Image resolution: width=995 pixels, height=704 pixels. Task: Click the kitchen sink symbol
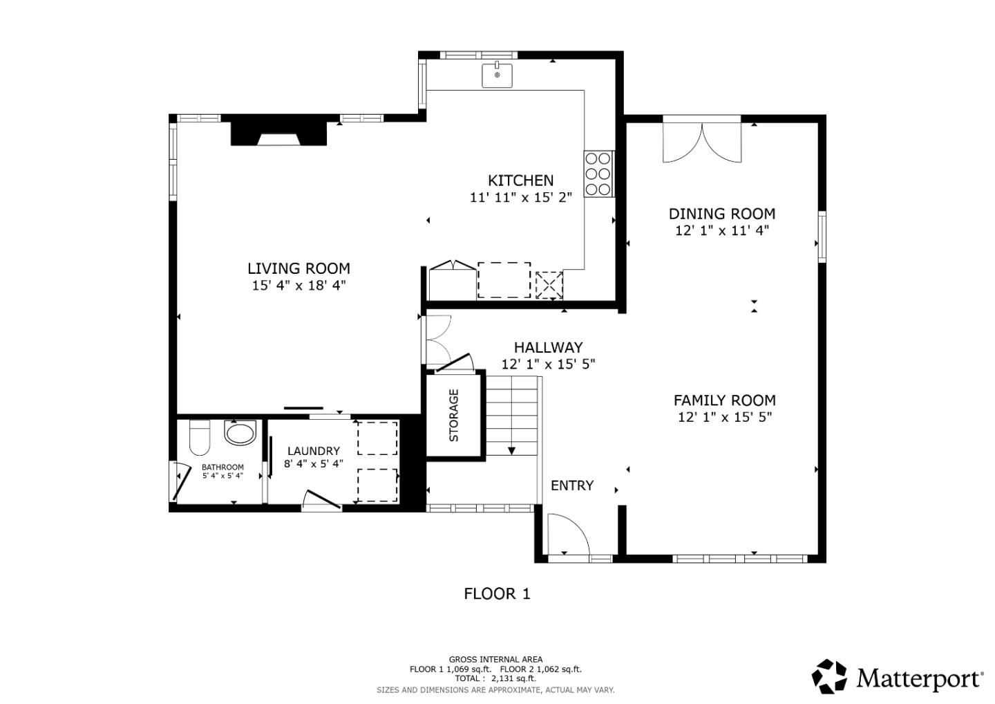click(x=497, y=75)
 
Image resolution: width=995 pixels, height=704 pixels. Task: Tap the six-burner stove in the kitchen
click(x=598, y=174)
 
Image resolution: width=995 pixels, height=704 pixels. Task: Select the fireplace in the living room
click(x=278, y=133)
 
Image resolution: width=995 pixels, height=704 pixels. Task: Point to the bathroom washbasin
click(x=240, y=434)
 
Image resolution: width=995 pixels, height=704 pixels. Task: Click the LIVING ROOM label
click(x=298, y=268)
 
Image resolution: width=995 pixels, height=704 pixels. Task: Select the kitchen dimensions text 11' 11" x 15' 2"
click(x=520, y=198)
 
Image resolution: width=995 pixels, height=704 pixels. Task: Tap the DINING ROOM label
click(x=721, y=214)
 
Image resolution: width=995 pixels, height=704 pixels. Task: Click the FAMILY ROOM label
click(x=724, y=400)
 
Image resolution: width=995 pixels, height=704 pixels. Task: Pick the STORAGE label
click(x=454, y=415)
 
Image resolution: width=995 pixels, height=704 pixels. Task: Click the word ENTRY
click(x=571, y=485)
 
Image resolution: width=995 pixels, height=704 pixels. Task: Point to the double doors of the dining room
click(x=702, y=143)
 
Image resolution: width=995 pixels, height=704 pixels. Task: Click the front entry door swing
click(x=567, y=534)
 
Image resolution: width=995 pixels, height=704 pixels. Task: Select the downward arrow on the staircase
click(x=511, y=450)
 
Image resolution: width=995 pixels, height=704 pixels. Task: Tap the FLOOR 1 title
click(x=497, y=593)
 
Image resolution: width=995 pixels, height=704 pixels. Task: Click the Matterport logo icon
click(x=829, y=676)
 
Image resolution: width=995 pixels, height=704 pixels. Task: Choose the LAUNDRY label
click(x=313, y=451)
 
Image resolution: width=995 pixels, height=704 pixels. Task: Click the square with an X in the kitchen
click(x=549, y=285)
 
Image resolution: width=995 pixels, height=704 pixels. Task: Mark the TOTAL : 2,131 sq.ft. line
click(x=495, y=678)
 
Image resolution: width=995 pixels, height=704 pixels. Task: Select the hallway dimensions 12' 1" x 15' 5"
click(x=548, y=364)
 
